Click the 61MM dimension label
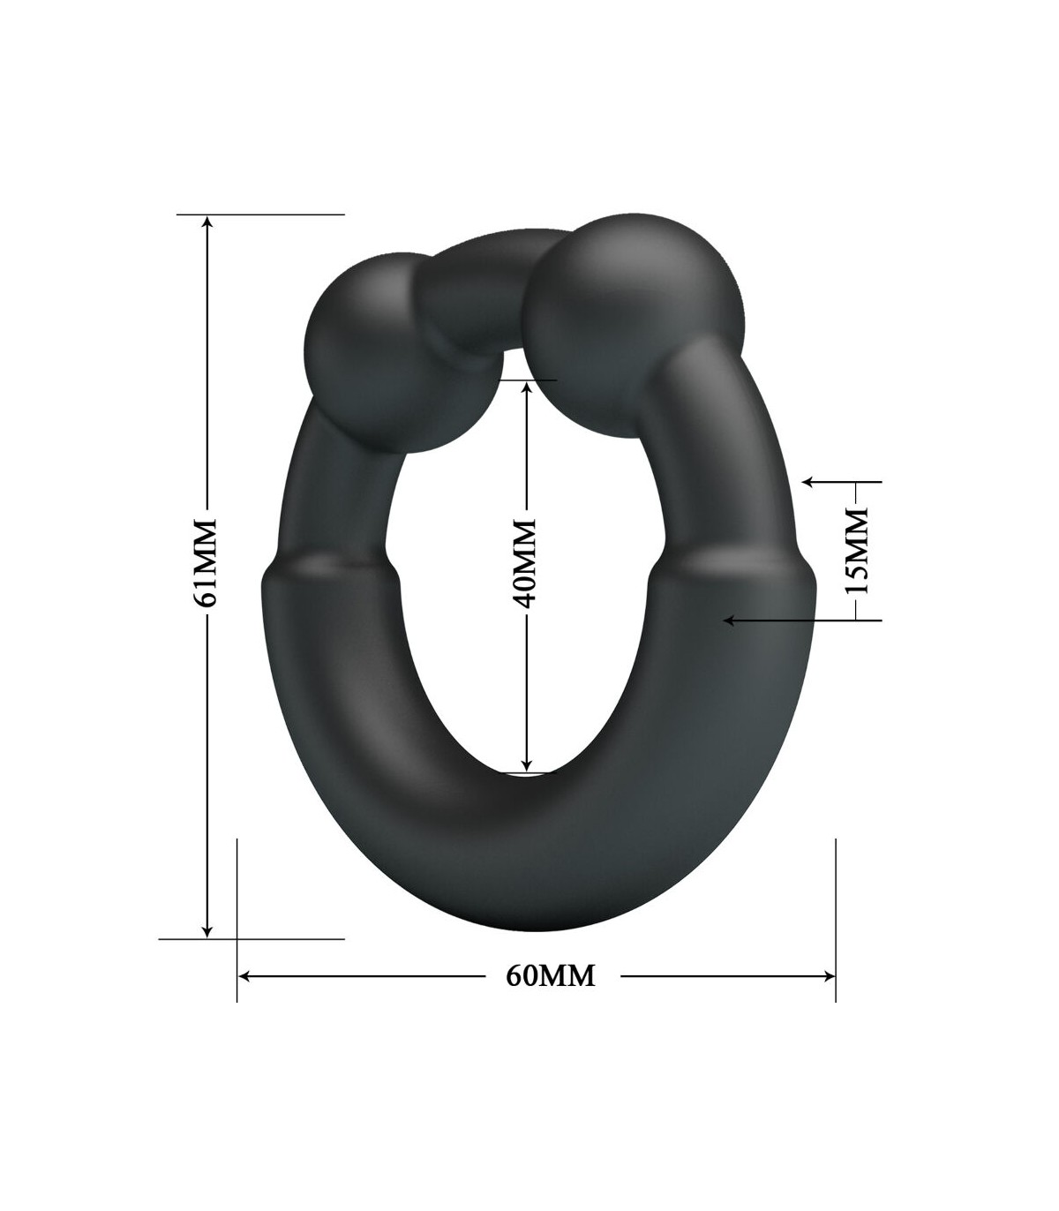206,563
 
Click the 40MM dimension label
525,563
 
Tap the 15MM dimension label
855,551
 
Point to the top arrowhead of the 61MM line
207,221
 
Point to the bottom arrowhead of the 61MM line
207,931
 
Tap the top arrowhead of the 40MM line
527,387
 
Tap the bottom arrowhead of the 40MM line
527,764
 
